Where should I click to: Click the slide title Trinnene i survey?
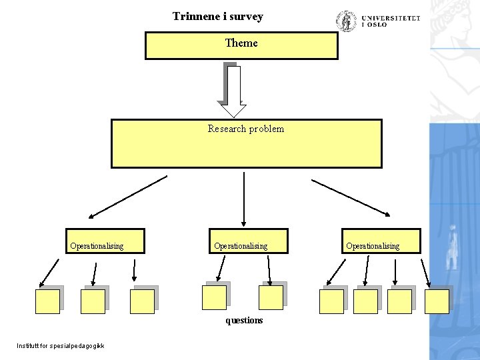pos(217,16)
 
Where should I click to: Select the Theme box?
pos(241,45)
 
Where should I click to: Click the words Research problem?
pos(245,129)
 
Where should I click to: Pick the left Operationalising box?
pos(105,241)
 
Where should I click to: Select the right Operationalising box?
pos(382,241)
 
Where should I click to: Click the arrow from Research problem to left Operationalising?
pos(127,197)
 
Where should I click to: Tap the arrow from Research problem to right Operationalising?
pos(351,197)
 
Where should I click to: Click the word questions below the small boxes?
pos(244,321)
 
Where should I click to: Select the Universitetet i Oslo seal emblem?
pos(347,21)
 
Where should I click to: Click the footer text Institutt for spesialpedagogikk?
pos(61,345)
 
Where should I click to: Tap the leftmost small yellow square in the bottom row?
pos(47,301)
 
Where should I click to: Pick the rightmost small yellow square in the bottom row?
pos(437,301)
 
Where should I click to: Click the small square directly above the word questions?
pos(271,297)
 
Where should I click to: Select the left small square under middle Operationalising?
pos(214,297)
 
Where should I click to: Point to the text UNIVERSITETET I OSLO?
pos(391,21)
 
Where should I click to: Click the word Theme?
pos(241,43)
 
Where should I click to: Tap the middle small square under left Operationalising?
pos(93,301)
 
